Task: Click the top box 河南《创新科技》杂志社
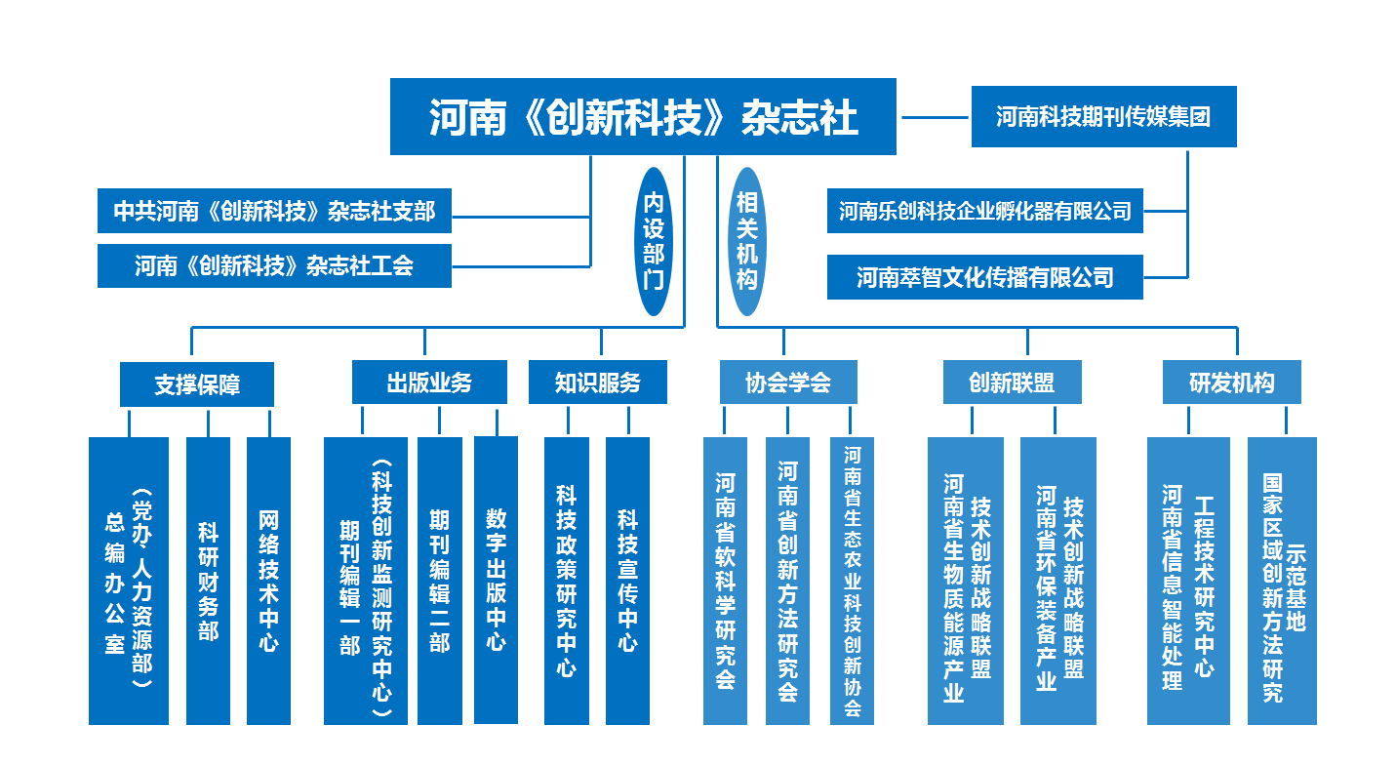click(x=643, y=116)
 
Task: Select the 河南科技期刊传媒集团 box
click(x=1103, y=116)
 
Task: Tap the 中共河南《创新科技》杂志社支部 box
click(x=274, y=211)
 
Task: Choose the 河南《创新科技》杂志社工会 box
click(x=274, y=265)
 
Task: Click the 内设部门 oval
click(x=654, y=241)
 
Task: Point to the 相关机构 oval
click(x=746, y=241)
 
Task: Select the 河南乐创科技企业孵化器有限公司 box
click(x=984, y=211)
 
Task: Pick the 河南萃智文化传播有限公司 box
click(x=984, y=277)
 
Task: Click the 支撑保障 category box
click(x=197, y=383)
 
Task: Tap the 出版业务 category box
click(x=429, y=383)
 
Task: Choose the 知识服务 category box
click(x=598, y=383)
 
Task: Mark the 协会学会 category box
click(x=788, y=383)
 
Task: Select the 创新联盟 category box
click(x=1012, y=383)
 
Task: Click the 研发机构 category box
click(x=1232, y=383)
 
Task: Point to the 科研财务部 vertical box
click(x=208, y=581)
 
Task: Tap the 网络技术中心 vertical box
click(x=268, y=581)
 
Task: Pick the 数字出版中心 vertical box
click(x=497, y=581)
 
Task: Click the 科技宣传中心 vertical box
click(x=627, y=581)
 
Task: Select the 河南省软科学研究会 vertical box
click(x=726, y=581)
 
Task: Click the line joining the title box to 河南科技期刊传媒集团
click(x=935, y=117)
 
